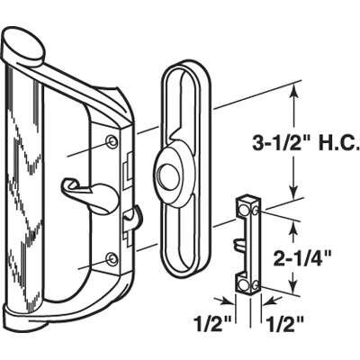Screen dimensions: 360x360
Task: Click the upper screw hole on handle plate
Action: click(x=111, y=142)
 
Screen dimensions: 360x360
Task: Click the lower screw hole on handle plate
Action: click(x=111, y=259)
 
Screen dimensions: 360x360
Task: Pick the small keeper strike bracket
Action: click(x=249, y=244)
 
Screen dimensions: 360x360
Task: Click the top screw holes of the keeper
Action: click(x=249, y=209)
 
